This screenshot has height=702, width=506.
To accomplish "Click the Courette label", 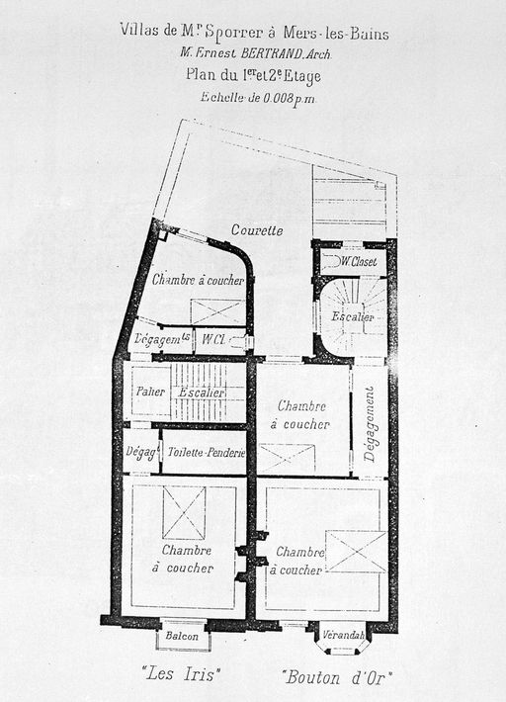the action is click(257, 230).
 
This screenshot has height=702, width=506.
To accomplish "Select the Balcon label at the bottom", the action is click(182, 636).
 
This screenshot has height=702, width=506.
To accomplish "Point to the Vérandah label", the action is click(344, 635).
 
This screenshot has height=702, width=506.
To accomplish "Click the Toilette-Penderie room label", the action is click(207, 452).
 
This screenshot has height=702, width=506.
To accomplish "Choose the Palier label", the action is click(151, 392).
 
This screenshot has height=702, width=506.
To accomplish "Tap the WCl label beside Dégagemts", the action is click(212, 339).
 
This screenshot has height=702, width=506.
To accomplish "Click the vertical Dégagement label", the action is click(370, 424).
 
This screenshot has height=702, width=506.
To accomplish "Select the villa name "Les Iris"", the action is click(181, 673).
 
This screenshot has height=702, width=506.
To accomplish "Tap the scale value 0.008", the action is click(278, 98).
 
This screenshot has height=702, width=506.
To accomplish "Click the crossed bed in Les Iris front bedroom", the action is click(185, 512).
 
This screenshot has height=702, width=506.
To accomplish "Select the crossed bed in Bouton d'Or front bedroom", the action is click(356, 552).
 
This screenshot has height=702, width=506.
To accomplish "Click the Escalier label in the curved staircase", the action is click(353, 317).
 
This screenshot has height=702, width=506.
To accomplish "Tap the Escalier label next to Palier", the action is click(202, 393).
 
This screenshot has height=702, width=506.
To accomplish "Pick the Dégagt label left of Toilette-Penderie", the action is click(142, 452).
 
